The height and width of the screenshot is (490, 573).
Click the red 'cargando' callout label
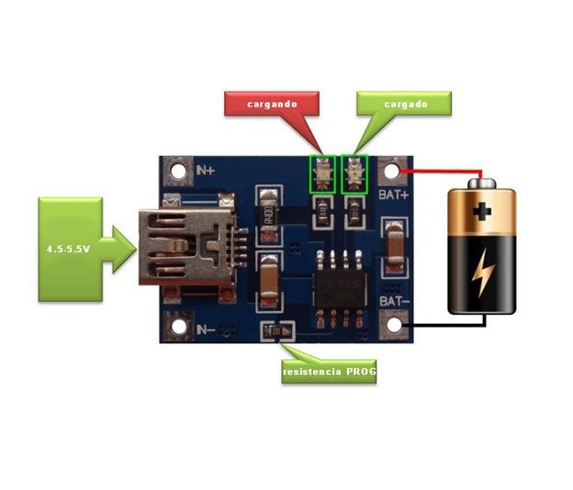click(x=272, y=104)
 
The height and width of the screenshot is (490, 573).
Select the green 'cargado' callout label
click(x=404, y=104)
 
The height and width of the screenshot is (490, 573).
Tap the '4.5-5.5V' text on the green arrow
click(x=67, y=249)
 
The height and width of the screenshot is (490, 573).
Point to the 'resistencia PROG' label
click(x=329, y=372)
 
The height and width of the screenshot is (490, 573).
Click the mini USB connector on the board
click(x=185, y=245)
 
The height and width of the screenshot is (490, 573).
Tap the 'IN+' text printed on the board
click(x=207, y=170)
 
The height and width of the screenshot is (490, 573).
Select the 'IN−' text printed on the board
click(x=207, y=329)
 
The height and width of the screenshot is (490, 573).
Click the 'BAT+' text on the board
click(x=394, y=194)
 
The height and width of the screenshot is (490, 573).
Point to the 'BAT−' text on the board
click(x=394, y=301)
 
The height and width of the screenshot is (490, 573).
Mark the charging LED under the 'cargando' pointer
click(x=321, y=173)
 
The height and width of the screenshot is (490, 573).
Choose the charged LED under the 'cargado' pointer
click(x=354, y=173)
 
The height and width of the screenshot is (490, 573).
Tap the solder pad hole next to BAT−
click(x=395, y=324)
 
